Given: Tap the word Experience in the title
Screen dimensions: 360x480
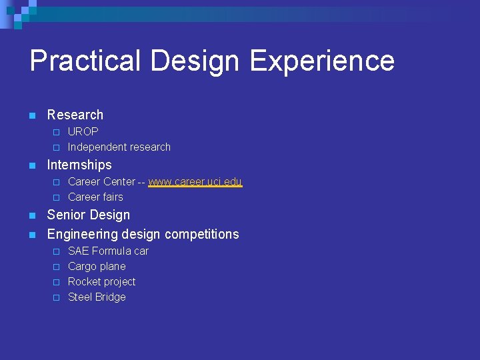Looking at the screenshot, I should [x=322, y=61].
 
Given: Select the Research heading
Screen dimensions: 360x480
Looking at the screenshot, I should [x=75, y=115].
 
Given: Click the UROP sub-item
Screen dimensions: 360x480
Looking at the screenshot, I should [x=83, y=131].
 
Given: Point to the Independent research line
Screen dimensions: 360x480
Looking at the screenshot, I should [x=119, y=147].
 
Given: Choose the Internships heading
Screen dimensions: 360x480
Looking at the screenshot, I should [x=79, y=165].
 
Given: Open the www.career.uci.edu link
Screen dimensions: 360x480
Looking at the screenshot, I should [x=195, y=181].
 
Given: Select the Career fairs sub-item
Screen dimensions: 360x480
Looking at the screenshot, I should [x=95, y=197].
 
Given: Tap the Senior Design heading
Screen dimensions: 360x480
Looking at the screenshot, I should [x=89, y=215].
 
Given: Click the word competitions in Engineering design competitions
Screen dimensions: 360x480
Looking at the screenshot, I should [x=201, y=234].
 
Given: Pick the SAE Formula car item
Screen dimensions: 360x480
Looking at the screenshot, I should [x=108, y=251].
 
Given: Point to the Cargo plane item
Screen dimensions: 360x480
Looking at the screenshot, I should [x=97, y=266].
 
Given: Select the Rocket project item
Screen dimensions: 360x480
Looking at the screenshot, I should [x=101, y=281].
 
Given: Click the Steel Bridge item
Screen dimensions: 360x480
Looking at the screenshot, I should [x=97, y=297].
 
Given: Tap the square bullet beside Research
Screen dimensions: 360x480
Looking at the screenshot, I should [x=32, y=115].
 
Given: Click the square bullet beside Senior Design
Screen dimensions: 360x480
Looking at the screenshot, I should [x=32, y=215].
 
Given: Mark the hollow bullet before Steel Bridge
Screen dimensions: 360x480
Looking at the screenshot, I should [x=57, y=297].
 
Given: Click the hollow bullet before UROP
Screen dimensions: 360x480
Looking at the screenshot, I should [x=57, y=132].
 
